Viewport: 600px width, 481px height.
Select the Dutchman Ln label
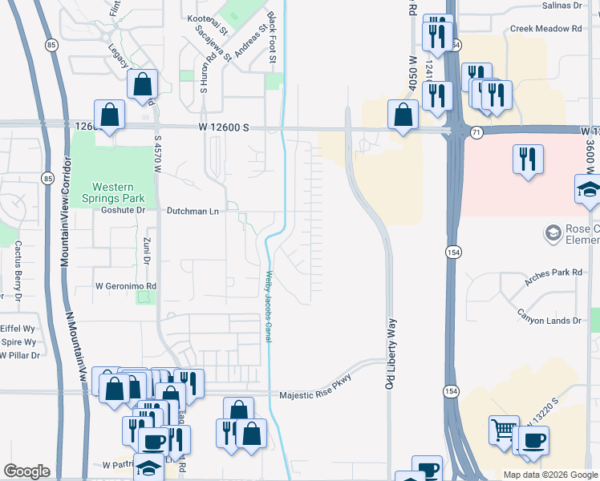tap(193, 211)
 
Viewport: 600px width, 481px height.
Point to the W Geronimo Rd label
tap(125, 285)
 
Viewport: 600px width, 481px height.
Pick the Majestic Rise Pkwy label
tap(315, 394)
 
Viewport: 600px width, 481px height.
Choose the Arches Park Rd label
tap(553, 273)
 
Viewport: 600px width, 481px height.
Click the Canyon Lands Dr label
tap(549, 321)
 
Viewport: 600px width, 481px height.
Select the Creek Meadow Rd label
tap(545, 29)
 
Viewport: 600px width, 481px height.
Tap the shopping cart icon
tap(504, 430)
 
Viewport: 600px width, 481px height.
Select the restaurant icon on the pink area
tap(528, 159)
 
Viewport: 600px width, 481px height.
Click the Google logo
tap(27, 471)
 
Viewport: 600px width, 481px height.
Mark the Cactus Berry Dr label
tap(17, 277)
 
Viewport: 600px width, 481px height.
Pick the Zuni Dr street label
tap(147, 251)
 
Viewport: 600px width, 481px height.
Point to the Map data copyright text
tap(549, 475)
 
